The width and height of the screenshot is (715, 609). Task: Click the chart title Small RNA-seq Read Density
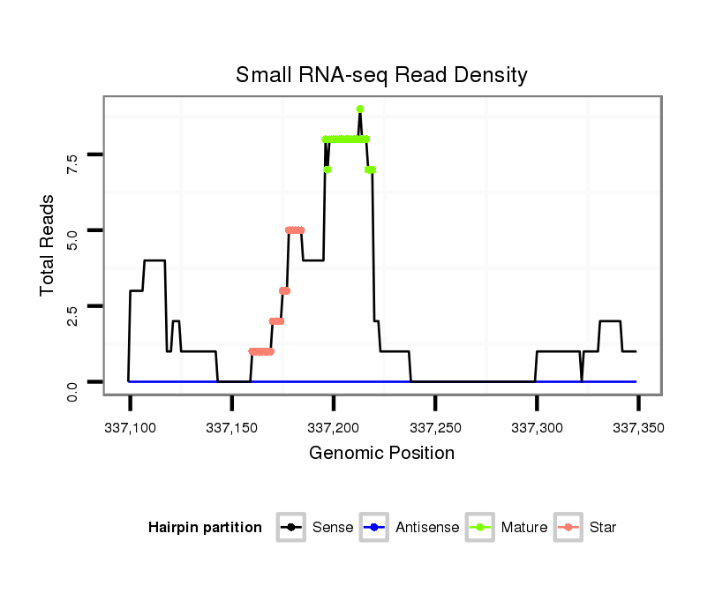coord(381,75)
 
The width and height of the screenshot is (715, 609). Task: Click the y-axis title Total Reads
coord(49,244)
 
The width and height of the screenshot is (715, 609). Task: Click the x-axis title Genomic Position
coord(381,454)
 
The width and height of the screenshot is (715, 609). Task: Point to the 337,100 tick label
coord(130,428)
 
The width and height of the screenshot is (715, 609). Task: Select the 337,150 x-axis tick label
coord(231,428)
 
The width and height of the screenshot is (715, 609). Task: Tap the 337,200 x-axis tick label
coord(333,428)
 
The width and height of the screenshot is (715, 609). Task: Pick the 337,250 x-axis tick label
coord(435,428)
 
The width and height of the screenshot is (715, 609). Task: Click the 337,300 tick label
coord(537,428)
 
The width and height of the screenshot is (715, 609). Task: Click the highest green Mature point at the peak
coord(360,109)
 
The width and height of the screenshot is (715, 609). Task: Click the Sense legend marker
coord(290,528)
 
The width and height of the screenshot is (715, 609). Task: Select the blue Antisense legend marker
coord(373,528)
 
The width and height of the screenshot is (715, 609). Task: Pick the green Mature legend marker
coord(479,528)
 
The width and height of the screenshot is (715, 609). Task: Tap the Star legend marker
coord(568,528)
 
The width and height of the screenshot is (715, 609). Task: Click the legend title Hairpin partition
coord(205,528)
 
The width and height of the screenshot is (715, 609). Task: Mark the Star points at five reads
coord(295,230)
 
